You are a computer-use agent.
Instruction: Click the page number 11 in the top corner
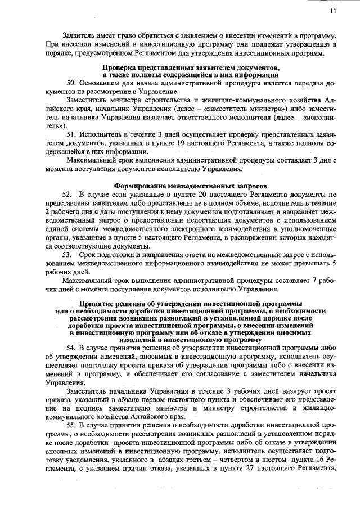coord(333,11)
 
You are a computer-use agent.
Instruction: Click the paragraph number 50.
coord(71,83)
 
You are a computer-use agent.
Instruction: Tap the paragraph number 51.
coord(71,135)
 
